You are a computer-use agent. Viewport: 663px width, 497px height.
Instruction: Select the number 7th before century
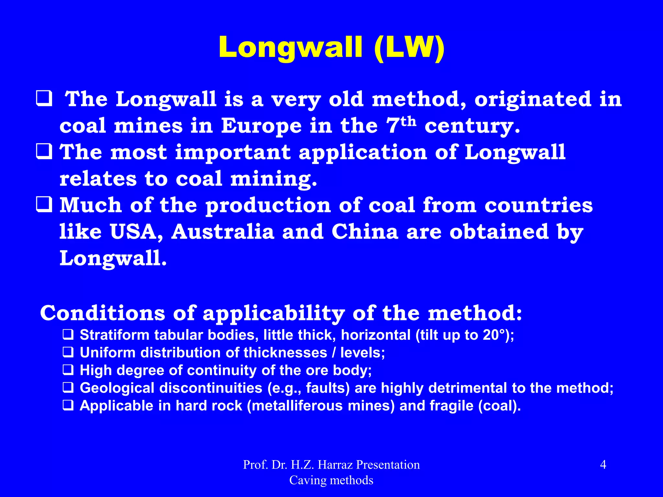click(401, 124)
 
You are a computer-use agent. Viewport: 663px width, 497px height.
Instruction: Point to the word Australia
click(223, 232)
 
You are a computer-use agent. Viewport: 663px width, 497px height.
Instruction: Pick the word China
click(365, 232)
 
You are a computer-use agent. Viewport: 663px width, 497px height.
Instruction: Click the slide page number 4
click(603, 465)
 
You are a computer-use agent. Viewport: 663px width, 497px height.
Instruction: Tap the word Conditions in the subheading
click(102, 313)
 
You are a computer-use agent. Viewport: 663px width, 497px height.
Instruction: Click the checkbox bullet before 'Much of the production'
click(44, 205)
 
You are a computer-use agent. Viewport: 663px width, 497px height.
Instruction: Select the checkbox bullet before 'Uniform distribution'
click(68, 352)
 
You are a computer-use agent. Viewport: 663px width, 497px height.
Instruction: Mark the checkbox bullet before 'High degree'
click(68, 370)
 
